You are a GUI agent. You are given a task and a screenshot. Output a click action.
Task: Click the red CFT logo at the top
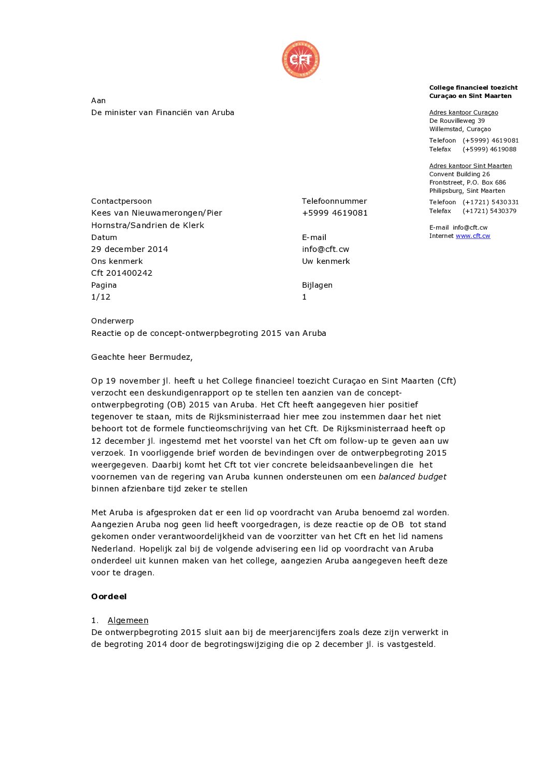(300, 60)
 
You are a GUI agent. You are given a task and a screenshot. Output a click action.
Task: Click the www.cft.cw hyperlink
(473, 236)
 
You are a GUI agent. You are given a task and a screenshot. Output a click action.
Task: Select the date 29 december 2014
(129, 249)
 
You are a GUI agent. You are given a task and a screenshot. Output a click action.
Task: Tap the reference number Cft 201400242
(122, 273)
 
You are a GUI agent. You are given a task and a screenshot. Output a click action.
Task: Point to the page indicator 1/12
(101, 297)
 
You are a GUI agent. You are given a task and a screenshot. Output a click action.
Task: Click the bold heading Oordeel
(109, 597)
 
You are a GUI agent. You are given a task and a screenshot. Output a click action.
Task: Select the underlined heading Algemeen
(128, 620)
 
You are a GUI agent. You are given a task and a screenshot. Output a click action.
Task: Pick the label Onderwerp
(112, 321)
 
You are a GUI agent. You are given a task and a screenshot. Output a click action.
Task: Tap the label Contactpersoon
(121, 201)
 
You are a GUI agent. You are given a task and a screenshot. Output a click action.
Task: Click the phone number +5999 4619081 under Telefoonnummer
(335, 213)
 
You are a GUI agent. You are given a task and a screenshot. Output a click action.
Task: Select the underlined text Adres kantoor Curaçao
(464, 112)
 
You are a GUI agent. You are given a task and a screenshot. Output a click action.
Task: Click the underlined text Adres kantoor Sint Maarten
(470, 166)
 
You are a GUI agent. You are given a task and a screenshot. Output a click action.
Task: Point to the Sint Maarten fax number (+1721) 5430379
(489, 211)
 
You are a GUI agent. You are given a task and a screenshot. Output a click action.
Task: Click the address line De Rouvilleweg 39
(457, 121)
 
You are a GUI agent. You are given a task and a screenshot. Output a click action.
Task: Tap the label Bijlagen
(317, 285)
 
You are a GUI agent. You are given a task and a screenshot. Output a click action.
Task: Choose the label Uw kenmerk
(326, 261)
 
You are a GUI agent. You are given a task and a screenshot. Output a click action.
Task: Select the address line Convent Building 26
(459, 174)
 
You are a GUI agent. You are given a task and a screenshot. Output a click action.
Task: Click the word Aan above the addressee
(98, 101)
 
